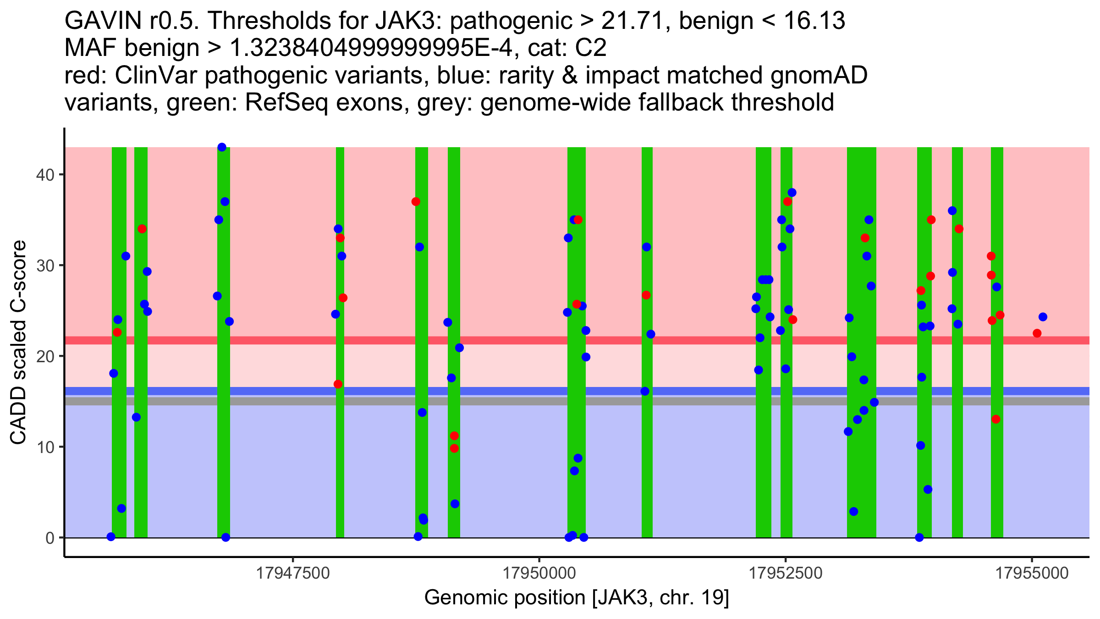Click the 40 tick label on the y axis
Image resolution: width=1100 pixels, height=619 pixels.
click(x=45, y=175)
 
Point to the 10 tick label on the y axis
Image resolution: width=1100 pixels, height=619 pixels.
click(x=45, y=447)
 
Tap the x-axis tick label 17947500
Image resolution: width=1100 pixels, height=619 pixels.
click(x=293, y=573)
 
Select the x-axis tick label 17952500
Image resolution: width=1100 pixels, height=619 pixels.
click(x=786, y=573)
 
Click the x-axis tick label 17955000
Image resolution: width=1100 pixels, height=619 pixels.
click(x=1032, y=573)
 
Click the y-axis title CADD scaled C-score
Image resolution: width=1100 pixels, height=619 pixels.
click(x=18, y=343)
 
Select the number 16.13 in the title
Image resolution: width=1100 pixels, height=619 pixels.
click(x=814, y=21)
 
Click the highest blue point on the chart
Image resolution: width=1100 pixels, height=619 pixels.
click(x=222, y=147)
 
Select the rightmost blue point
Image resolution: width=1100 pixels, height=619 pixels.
click(x=1043, y=317)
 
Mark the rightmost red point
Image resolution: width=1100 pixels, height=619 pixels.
click(x=1037, y=333)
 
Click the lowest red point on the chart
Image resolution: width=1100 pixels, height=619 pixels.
click(x=454, y=448)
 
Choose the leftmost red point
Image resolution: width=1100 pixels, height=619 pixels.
click(x=117, y=332)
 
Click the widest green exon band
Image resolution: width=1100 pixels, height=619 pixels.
click(x=862, y=343)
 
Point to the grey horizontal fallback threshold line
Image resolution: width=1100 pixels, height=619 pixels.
click(x=577, y=401)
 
